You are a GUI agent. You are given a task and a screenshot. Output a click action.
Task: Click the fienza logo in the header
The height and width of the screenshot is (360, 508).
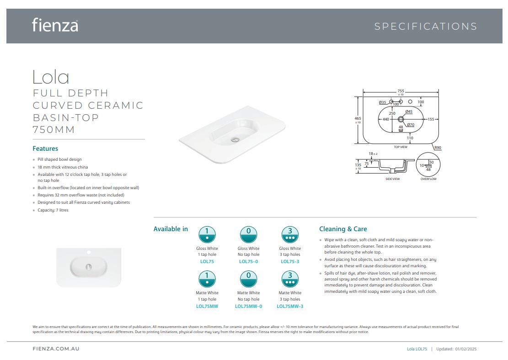55,25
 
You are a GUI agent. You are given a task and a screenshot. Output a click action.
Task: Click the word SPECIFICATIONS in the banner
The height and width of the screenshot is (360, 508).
426,26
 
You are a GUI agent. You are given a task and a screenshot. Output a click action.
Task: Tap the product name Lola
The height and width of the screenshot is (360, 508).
51,77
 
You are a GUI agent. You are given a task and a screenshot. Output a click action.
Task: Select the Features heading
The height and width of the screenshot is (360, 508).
45,148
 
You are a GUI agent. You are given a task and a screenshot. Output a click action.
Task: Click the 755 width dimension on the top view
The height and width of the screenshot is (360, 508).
401,91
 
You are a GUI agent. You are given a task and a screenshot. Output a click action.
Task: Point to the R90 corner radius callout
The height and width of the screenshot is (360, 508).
438,148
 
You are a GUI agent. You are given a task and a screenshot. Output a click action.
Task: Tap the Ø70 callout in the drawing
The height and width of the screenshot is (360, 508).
411,125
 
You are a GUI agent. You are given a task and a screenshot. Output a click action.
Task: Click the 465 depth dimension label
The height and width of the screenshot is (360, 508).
358,118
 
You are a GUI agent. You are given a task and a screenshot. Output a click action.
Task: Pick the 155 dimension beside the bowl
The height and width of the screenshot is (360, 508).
431,119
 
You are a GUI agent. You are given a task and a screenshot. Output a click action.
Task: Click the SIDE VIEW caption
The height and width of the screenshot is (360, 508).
393,179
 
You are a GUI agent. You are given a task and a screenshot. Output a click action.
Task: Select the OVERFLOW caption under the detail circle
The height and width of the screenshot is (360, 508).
428,179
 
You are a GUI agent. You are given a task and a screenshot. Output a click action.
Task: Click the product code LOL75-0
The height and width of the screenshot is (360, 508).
248,262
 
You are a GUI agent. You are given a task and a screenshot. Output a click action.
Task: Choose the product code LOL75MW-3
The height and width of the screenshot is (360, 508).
290,306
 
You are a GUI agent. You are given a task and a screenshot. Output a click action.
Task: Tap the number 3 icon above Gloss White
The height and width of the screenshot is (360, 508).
290,234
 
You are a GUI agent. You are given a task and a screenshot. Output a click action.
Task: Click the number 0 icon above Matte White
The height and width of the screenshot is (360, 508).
248,279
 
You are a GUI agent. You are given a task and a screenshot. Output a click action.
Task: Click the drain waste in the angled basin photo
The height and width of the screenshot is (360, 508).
235,140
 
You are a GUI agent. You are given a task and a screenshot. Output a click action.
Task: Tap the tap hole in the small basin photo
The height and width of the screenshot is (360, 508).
88,252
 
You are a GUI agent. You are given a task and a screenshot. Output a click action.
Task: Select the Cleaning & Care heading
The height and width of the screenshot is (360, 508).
343,229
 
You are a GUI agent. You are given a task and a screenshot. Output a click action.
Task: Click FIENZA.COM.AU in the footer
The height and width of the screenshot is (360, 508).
56,349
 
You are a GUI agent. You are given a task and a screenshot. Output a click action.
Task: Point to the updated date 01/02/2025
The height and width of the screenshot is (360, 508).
466,349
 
